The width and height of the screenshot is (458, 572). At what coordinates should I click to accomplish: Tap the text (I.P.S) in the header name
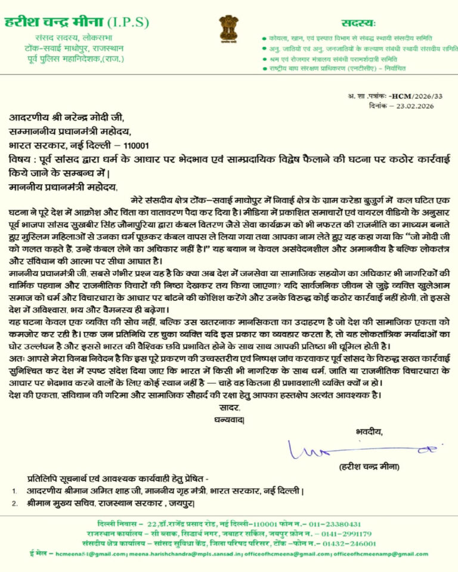point(128,23)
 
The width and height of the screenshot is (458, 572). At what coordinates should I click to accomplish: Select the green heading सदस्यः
point(358,23)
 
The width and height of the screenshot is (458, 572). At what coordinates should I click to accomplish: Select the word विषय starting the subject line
point(21,160)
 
